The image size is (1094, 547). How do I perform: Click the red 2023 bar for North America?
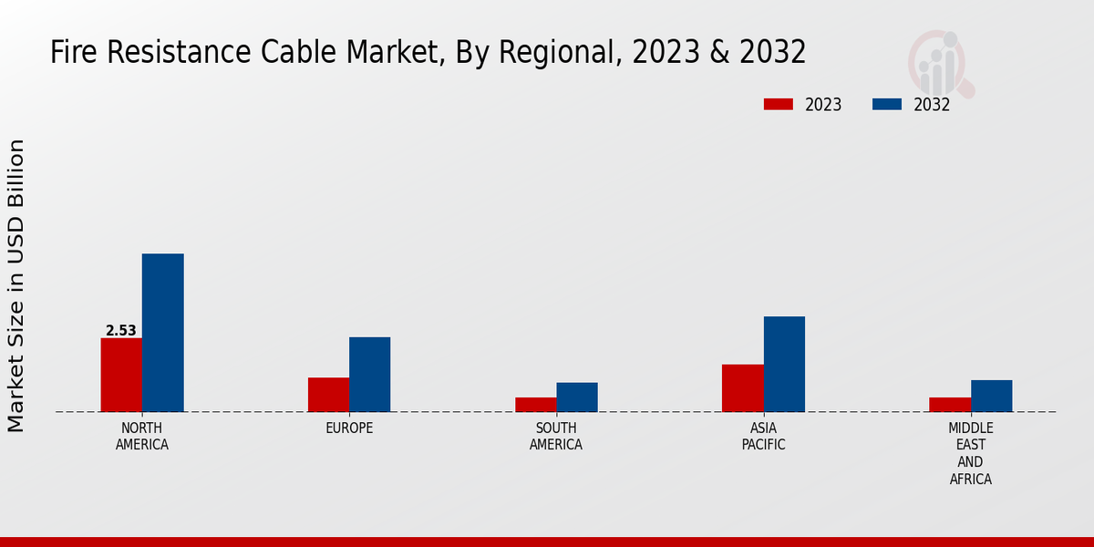click(121, 375)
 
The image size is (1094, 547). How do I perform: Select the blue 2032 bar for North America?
click(162, 333)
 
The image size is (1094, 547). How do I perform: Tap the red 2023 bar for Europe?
click(328, 395)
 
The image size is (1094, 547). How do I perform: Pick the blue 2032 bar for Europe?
click(369, 375)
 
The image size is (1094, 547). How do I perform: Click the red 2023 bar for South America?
click(535, 405)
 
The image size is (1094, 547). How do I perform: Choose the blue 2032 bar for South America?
click(577, 397)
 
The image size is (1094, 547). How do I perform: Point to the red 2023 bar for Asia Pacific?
click(742, 388)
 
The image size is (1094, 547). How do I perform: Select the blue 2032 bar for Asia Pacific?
click(784, 364)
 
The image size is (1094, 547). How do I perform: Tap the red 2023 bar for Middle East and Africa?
click(950, 405)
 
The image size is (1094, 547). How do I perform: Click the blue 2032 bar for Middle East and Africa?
click(991, 396)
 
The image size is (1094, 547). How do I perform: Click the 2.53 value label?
click(120, 331)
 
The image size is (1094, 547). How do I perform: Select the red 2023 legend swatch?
click(778, 104)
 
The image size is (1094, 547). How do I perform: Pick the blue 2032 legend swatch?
click(886, 104)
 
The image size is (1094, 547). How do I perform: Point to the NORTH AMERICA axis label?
click(141, 437)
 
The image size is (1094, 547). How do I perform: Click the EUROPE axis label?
click(349, 428)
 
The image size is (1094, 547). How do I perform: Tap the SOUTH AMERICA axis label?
click(556, 437)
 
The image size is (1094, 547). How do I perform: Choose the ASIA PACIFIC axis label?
click(763, 437)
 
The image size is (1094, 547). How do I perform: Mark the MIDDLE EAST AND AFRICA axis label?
click(970, 453)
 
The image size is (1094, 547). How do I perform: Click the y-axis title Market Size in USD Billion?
click(16, 285)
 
